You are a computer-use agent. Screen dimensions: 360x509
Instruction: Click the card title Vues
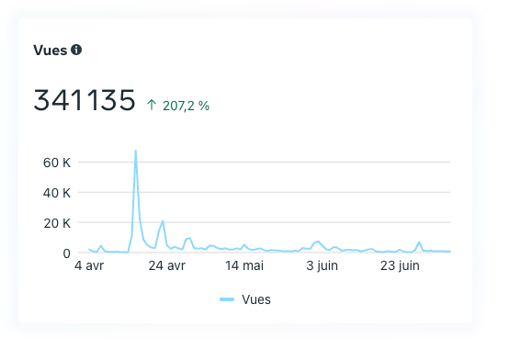pyautogui.click(x=51, y=50)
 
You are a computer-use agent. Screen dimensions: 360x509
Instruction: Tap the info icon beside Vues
pyautogui.click(x=76, y=50)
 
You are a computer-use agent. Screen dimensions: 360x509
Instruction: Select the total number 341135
pyautogui.click(x=85, y=101)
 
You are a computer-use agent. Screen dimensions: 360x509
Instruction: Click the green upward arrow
pyautogui.click(x=152, y=106)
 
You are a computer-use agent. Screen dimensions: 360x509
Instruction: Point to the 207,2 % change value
pyautogui.click(x=187, y=106)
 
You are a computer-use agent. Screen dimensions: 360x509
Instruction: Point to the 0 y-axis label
pyautogui.click(x=66, y=253)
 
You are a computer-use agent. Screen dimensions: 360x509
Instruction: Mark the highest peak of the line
pyautogui.click(x=136, y=151)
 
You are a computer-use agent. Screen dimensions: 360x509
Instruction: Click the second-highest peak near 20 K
pyautogui.click(x=163, y=221)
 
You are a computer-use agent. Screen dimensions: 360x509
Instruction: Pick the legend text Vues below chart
pyautogui.click(x=256, y=299)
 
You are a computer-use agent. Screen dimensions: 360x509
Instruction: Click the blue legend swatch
pyautogui.click(x=228, y=299)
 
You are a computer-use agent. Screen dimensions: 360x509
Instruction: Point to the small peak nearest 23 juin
pyautogui.click(x=419, y=242)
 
